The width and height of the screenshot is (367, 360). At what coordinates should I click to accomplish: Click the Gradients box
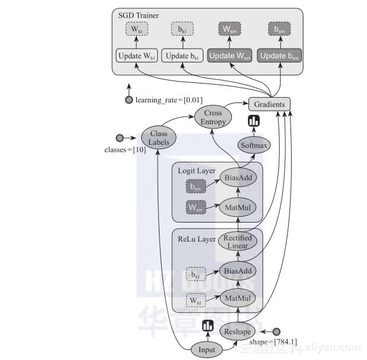pos(269,104)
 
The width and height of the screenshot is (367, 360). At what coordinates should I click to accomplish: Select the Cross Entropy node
pos(213,117)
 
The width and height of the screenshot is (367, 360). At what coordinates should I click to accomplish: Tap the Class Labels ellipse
pos(159,138)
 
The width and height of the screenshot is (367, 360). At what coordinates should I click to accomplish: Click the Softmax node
pos(254,145)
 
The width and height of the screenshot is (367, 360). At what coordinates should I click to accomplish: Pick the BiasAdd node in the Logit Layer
pos(237,176)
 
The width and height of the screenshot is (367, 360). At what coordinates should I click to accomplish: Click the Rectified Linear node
pos(238,242)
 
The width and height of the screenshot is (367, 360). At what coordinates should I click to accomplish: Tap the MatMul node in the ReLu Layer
pos(237,297)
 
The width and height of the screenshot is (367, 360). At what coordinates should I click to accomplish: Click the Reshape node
pos(237,332)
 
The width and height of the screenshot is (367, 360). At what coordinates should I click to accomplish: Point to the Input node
pos(207,349)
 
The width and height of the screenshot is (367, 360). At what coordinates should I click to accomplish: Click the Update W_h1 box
pos(136,56)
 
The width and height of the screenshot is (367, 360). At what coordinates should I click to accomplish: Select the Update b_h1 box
pos(181,56)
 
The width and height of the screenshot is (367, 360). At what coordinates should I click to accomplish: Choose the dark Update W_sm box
pos(229,56)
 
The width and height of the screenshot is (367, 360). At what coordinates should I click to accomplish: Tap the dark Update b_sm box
pos(280,56)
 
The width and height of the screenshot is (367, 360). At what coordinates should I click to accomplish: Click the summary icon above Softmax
pos(254,122)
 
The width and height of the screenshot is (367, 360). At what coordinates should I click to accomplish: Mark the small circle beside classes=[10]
pos(120,138)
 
